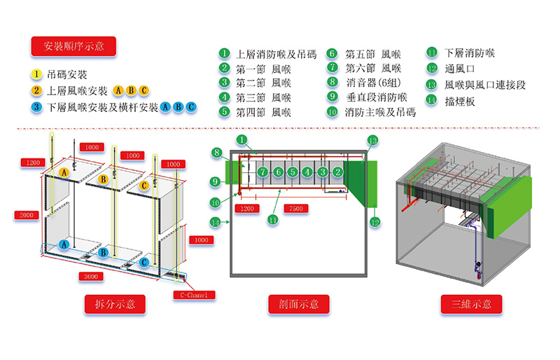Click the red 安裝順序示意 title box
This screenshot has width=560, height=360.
73,46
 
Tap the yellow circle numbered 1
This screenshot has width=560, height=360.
36,74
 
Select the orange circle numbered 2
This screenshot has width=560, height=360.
36,90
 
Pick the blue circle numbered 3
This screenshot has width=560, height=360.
36,107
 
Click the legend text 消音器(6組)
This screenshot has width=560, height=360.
373,83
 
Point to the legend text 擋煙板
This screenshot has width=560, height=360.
460,102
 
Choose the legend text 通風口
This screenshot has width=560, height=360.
460,68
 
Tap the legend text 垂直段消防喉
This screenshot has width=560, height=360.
377,97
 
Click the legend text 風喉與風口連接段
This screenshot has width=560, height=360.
485,85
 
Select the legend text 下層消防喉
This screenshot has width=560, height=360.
470,53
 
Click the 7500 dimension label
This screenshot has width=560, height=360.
296,209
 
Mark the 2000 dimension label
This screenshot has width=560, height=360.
27,215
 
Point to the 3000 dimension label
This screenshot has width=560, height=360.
91,277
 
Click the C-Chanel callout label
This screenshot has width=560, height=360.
195,295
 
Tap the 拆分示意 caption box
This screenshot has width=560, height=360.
115,304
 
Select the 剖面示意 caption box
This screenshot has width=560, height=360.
299,304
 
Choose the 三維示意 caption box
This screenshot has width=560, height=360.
471,304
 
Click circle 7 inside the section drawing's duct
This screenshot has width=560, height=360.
263,172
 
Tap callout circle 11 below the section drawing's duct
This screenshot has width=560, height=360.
273,219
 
